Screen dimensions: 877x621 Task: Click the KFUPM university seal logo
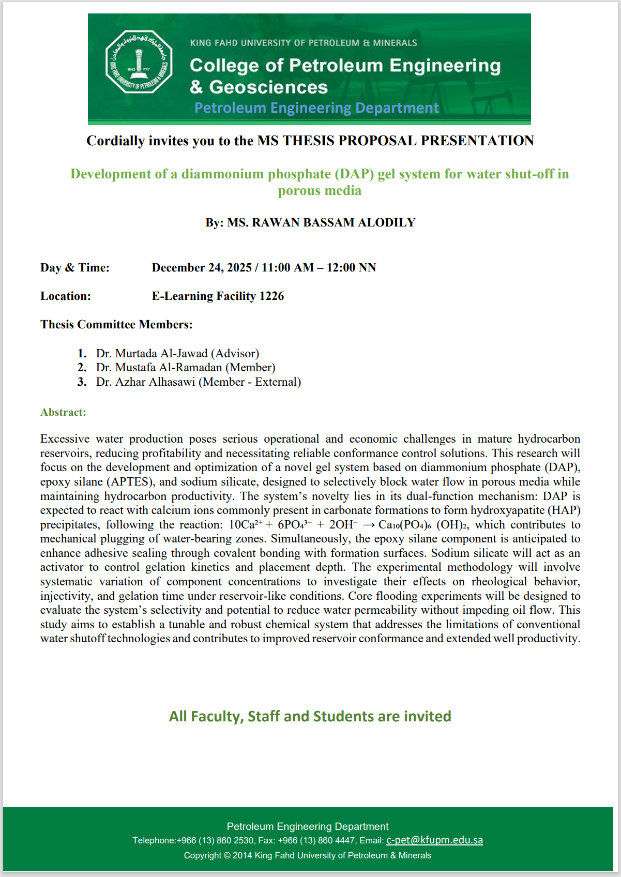(139, 62)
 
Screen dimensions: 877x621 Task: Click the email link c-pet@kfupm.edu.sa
(434, 840)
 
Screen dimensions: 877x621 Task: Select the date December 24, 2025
(202, 268)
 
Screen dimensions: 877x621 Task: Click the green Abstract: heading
(63, 413)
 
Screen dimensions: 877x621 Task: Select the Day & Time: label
(75, 268)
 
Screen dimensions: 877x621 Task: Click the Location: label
(66, 296)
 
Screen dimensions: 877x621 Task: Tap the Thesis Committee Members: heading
(116, 325)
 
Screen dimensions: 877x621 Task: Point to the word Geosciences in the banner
(268, 87)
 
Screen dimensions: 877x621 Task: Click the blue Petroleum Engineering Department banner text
(316, 108)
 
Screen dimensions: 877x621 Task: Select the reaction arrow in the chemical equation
(369, 525)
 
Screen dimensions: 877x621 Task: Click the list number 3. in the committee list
(82, 382)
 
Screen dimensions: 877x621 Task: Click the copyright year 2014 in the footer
(242, 855)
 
